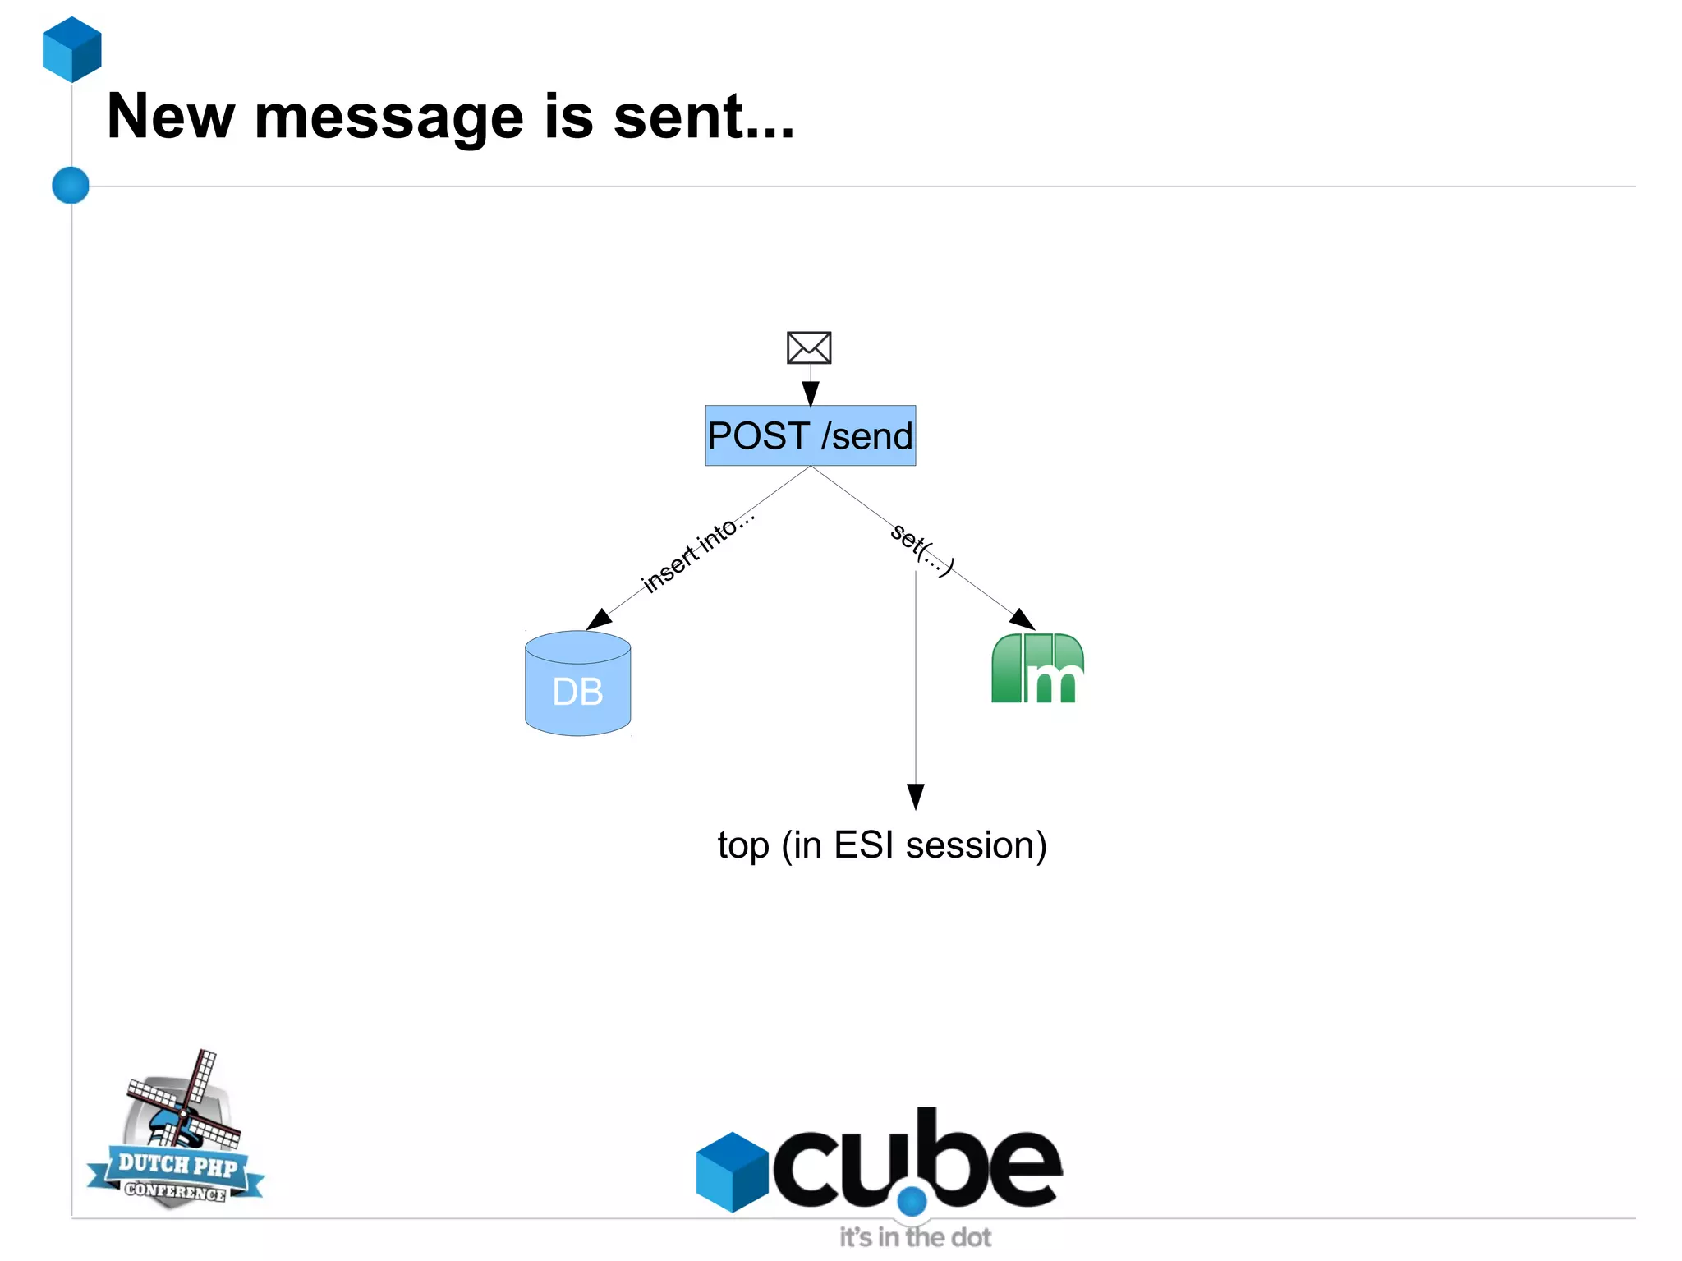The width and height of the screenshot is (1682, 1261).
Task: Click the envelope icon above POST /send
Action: pyautogui.click(x=809, y=347)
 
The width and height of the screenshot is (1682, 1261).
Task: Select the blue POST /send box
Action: pyautogui.click(x=810, y=435)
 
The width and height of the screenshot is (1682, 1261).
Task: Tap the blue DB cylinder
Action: pyautogui.click(x=577, y=683)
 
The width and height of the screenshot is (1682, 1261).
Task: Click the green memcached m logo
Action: pyautogui.click(x=1037, y=669)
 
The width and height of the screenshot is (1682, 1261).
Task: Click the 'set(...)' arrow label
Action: pyautogui.click(x=922, y=549)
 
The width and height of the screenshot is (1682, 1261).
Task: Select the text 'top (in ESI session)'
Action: pyautogui.click(x=881, y=845)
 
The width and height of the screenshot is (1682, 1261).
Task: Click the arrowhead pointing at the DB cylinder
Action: pyautogui.click(x=599, y=619)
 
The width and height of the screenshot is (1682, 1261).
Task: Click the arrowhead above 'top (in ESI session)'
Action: pyautogui.click(x=916, y=796)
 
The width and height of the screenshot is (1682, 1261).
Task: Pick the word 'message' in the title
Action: pyautogui.click(x=388, y=117)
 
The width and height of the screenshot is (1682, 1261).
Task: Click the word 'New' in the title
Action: pyautogui.click(x=171, y=117)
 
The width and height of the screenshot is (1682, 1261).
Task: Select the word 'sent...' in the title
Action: pyautogui.click(x=704, y=117)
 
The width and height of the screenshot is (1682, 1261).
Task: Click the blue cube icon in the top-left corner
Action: pyautogui.click(x=72, y=49)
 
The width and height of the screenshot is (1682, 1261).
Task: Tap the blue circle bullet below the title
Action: pyautogui.click(x=71, y=185)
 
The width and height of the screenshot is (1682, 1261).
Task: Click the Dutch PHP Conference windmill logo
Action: pyautogui.click(x=177, y=1134)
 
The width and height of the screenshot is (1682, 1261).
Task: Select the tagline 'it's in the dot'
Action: pyautogui.click(x=915, y=1237)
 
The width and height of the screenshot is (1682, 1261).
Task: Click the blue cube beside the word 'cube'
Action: pyautogui.click(x=732, y=1171)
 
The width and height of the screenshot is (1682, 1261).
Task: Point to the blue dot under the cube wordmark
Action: pyautogui.click(x=912, y=1201)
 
